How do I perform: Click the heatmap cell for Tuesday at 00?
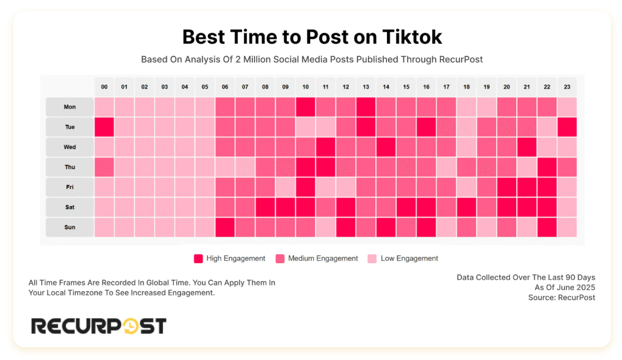click(x=104, y=127)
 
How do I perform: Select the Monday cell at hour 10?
click(x=306, y=107)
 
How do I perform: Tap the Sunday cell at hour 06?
click(x=225, y=227)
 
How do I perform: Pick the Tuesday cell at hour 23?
click(x=567, y=127)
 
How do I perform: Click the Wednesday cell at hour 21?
click(x=527, y=147)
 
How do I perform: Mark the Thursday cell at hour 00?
click(x=104, y=167)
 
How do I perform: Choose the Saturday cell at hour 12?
click(x=346, y=207)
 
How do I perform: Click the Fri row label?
click(x=70, y=187)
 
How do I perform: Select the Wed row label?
click(x=70, y=147)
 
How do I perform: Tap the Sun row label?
click(x=70, y=227)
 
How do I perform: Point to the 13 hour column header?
click(x=366, y=87)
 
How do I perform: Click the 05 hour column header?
click(x=205, y=87)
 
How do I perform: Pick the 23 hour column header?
click(x=567, y=87)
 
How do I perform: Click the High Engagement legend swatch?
click(x=198, y=258)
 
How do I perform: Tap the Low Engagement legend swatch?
click(x=372, y=258)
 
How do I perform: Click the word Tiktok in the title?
click(x=412, y=37)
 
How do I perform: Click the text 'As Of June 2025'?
click(x=565, y=287)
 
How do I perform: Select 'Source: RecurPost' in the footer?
click(x=561, y=298)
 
